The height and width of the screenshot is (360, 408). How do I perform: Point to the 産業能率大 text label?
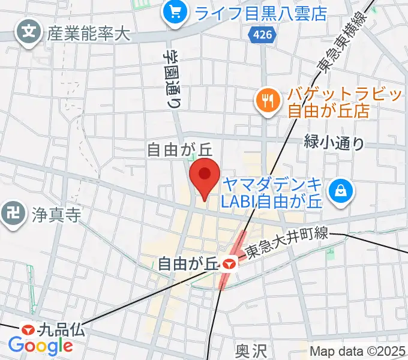[x=88, y=34]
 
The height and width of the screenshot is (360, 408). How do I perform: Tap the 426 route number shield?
[x=257, y=37]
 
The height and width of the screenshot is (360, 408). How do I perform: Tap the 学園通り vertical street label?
[x=173, y=78]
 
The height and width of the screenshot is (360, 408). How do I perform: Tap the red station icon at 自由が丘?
[x=227, y=263]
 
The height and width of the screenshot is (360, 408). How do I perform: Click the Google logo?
[x=40, y=346]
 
